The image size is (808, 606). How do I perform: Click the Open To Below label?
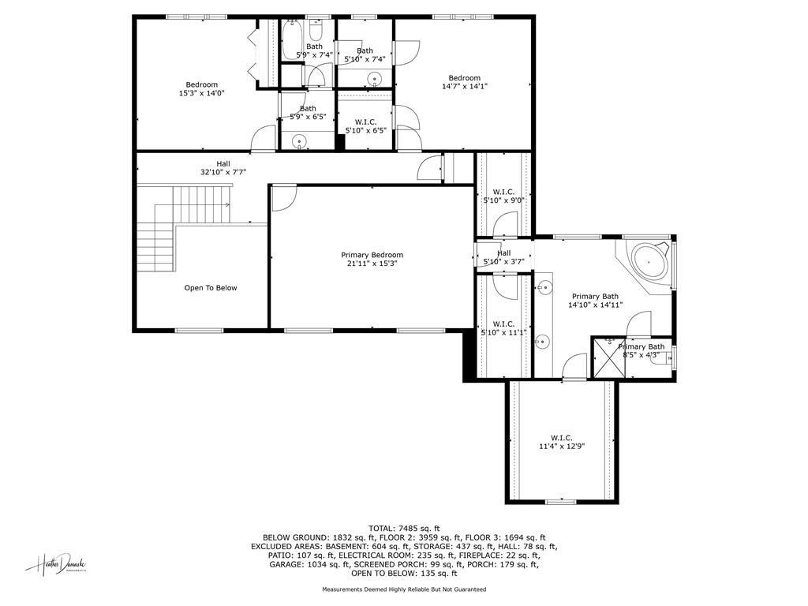tap(210, 288)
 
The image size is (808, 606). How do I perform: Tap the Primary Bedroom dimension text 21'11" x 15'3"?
tap(372, 264)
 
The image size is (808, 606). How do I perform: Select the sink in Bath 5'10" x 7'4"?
tap(376, 79)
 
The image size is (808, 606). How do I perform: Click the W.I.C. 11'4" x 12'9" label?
tap(561, 442)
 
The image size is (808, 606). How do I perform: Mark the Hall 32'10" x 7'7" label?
tap(223, 167)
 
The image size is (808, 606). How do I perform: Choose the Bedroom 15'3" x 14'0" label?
tap(201, 89)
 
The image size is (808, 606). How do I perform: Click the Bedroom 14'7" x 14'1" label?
tap(464, 82)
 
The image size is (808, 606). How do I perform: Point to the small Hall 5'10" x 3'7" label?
tap(503, 257)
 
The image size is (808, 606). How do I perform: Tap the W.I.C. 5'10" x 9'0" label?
tap(503, 196)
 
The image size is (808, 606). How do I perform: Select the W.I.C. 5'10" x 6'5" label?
tap(365, 125)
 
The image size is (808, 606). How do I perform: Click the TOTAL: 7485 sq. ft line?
tap(403, 528)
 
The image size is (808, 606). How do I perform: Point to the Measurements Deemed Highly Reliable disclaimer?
tap(403, 589)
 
